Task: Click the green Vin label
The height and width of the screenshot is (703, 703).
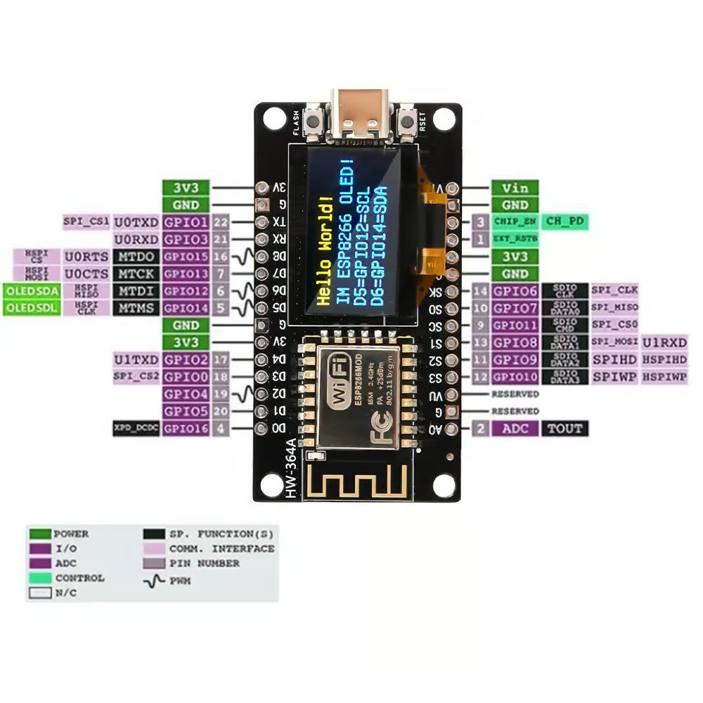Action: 515,188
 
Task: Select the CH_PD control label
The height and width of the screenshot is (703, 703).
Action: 565,221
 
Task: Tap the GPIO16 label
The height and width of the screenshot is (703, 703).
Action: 186,428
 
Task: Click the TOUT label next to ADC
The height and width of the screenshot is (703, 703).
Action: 565,428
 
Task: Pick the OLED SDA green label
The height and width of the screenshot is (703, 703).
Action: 31,291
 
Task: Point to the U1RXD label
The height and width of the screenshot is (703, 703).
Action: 664,342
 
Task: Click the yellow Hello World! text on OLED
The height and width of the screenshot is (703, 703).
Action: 324,252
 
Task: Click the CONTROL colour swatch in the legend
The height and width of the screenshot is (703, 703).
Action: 39,578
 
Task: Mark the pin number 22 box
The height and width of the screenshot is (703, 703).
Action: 221,222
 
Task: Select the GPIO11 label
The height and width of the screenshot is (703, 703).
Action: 515,325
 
